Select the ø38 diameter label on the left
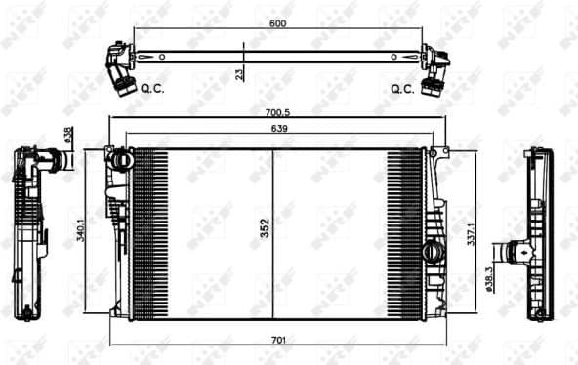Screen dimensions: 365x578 tap(67, 137)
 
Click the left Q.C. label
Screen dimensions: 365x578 tap(152, 88)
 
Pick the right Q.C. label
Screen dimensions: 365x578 tap(402, 88)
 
